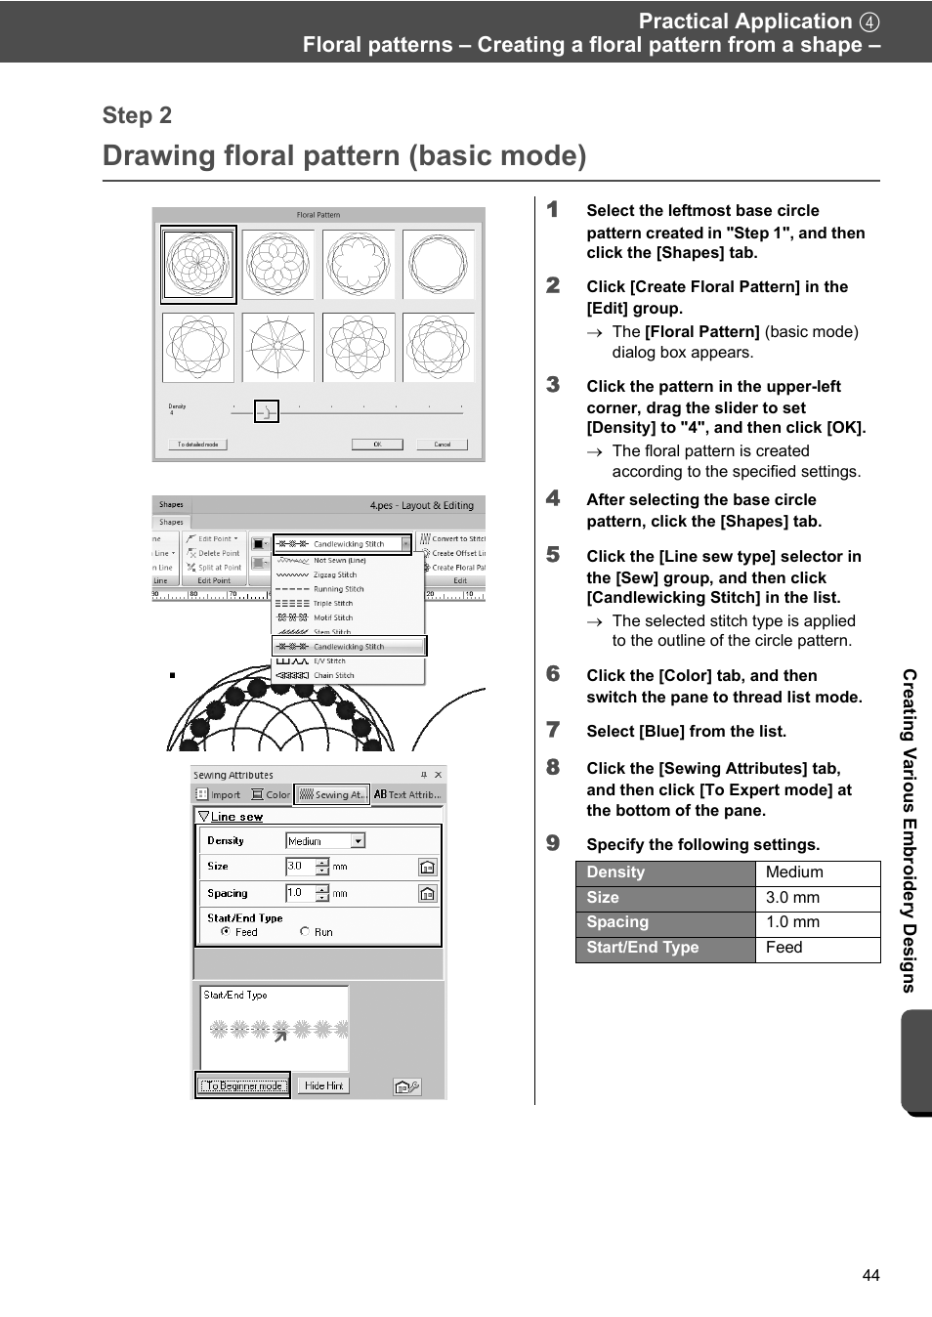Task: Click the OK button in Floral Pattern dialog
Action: click(x=377, y=445)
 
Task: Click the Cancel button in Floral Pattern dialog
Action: click(x=442, y=445)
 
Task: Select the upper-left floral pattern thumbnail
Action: click(x=198, y=265)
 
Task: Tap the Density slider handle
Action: click(x=266, y=412)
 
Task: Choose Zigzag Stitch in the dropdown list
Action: click(x=334, y=575)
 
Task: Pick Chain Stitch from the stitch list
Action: click(x=333, y=675)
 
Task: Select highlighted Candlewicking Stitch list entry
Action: click(x=348, y=647)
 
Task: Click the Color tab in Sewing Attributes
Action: click(x=272, y=795)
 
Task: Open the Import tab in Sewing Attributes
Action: click(x=219, y=795)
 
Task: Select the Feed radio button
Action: click(x=226, y=932)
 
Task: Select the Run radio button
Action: click(x=305, y=932)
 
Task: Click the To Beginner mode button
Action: click(x=243, y=1085)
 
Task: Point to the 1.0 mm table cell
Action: click(x=817, y=923)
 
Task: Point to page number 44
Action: click(x=870, y=1275)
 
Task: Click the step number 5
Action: click(x=553, y=555)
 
